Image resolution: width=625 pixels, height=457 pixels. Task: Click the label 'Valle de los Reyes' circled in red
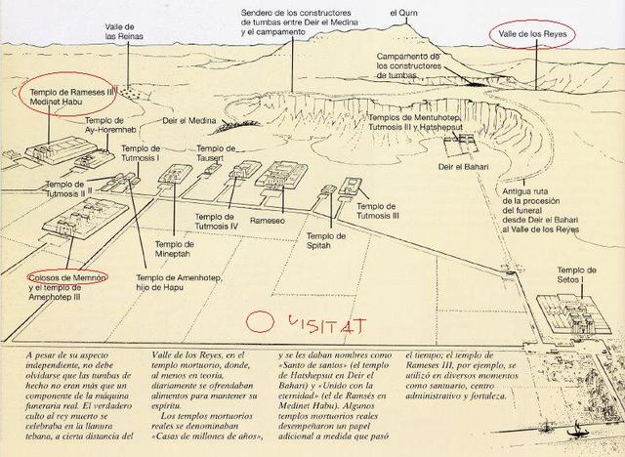tap(532, 34)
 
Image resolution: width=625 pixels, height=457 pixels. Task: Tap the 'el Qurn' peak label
tap(403, 13)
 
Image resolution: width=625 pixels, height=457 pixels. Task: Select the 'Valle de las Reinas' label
tap(124, 31)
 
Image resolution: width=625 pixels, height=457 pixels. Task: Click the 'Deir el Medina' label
tap(189, 120)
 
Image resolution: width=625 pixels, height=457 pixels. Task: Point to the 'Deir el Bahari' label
tap(463, 167)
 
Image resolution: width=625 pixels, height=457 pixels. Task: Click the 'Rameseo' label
tap(267, 221)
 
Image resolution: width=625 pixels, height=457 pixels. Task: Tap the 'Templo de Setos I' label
tap(576, 275)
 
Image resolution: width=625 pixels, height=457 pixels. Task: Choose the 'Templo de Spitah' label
tap(325, 240)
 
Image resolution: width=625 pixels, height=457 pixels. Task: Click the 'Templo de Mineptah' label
tap(174, 249)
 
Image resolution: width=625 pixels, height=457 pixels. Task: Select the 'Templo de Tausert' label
tap(216, 153)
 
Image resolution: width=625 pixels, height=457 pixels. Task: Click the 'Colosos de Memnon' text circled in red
tap(67, 277)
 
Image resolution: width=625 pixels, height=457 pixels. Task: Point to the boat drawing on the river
tap(574, 432)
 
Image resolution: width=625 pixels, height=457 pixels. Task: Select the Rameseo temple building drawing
tap(282, 175)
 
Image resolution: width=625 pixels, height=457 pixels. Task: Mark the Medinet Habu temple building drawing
tap(61, 149)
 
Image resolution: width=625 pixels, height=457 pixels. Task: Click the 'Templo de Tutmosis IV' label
tap(216, 222)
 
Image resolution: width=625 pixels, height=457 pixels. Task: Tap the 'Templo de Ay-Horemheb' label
tap(110, 125)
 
